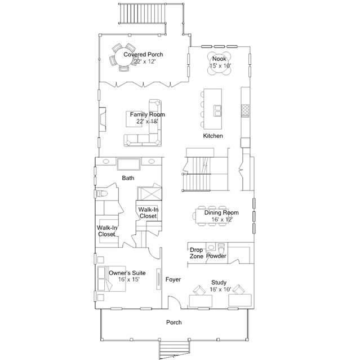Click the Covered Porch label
(x=143, y=55)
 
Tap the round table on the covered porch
(x=125, y=57)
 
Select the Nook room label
(x=219, y=59)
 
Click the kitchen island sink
(x=217, y=110)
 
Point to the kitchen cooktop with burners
(x=245, y=110)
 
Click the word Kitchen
(x=213, y=136)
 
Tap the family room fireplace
(x=103, y=119)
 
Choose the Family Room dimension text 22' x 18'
(x=147, y=121)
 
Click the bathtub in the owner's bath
(x=128, y=164)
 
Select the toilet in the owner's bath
(x=101, y=194)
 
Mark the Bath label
(x=128, y=178)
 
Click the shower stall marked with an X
(x=149, y=194)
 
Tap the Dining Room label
(x=221, y=212)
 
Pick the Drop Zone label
(x=196, y=253)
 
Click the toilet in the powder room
(x=221, y=248)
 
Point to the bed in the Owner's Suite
(x=112, y=279)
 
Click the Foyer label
(x=173, y=279)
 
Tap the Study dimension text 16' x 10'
(x=220, y=289)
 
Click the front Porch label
(x=174, y=323)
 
